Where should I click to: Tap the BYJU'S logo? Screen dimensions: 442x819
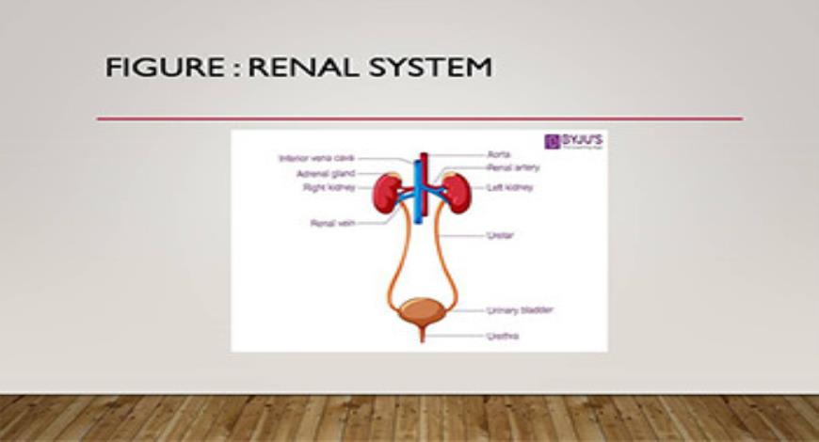click(x=575, y=142)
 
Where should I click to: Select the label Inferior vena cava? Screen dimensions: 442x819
click(x=317, y=159)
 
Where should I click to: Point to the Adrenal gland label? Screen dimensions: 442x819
click(x=326, y=174)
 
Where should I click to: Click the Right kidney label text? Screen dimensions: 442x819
click(x=329, y=188)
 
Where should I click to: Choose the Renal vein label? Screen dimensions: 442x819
click(x=332, y=224)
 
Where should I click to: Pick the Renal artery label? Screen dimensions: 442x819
click(x=510, y=167)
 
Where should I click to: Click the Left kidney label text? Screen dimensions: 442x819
click(x=509, y=188)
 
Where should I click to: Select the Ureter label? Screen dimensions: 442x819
click(x=500, y=235)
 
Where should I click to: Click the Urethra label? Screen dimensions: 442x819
click(x=502, y=335)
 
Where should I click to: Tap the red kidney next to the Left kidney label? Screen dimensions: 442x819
click(x=456, y=193)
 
